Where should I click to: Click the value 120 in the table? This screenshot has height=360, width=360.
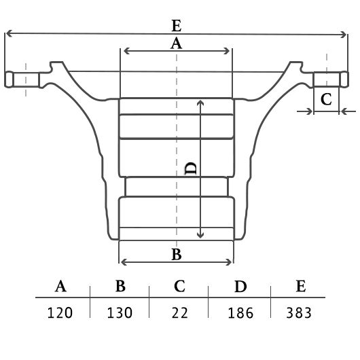(60, 312)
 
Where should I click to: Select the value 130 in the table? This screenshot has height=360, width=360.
(120, 312)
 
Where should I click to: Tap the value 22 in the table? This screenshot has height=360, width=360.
(180, 312)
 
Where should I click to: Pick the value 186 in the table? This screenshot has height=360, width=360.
(240, 313)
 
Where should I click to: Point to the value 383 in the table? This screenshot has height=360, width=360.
(299, 312)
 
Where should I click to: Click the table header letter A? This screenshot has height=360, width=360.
(60, 286)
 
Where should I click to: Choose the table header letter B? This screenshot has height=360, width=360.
(120, 286)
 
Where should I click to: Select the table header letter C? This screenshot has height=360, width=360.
(179, 286)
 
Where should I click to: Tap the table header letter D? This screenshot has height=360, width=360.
(240, 286)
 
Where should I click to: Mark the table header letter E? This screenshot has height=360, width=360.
(301, 286)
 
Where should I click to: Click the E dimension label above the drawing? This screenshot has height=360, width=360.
(177, 26)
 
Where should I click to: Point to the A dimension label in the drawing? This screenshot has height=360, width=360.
(177, 43)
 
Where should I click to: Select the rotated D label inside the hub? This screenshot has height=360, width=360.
(191, 168)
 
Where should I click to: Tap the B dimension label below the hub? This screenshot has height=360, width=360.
(177, 255)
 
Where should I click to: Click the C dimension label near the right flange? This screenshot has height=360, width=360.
(326, 99)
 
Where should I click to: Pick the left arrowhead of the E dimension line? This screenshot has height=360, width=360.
(9, 33)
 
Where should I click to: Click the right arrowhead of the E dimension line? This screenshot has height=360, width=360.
(344, 35)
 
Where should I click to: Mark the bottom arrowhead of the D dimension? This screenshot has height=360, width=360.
(200, 235)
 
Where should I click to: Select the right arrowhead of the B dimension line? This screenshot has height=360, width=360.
(229, 262)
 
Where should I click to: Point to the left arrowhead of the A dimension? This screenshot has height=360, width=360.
(127, 51)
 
